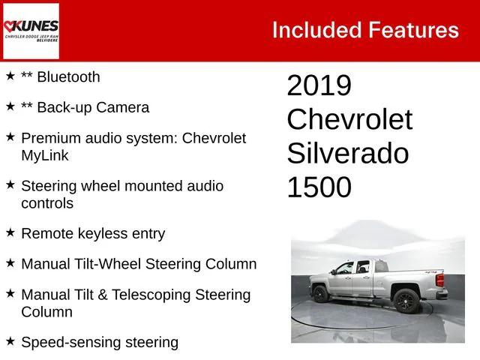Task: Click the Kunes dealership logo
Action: pyautogui.click(x=31, y=31)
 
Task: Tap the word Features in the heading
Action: pyautogui.click(x=413, y=30)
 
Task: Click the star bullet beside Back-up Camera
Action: pyautogui.click(x=10, y=106)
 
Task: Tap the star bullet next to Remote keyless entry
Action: pyautogui.click(x=10, y=232)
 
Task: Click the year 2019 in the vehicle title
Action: pyautogui.click(x=319, y=85)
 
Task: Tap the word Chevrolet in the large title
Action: pyautogui.click(x=349, y=120)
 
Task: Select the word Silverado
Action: pyautogui.click(x=347, y=154)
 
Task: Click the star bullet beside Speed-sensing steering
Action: pyautogui.click(x=10, y=342)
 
